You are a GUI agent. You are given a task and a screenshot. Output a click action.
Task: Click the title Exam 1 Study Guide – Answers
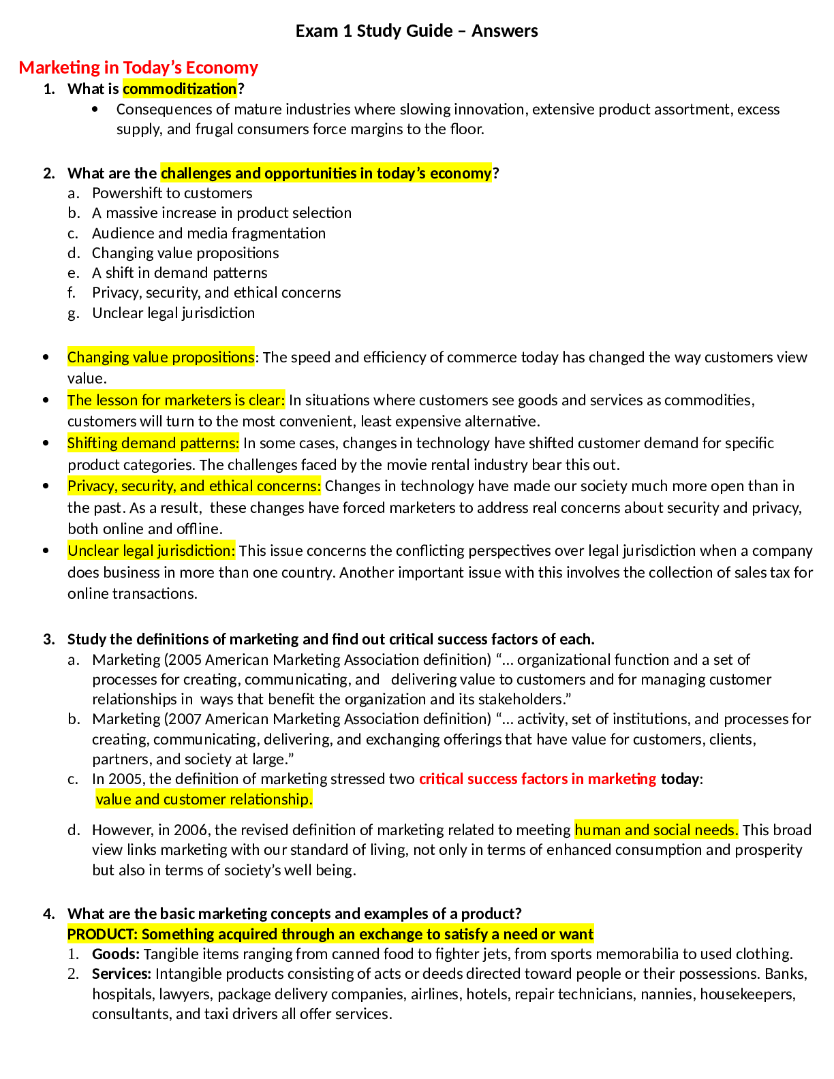click(x=416, y=31)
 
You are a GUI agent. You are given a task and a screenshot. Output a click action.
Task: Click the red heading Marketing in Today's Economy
click(x=138, y=67)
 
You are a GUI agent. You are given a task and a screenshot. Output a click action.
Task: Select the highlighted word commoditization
click(x=180, y=89)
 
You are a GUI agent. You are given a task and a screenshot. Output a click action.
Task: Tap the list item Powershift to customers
click(x=172, y=193)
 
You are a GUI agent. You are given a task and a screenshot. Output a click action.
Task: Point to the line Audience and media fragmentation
click(x=208, y=233)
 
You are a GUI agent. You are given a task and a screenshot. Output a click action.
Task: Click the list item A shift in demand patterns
click(x=179, y=272)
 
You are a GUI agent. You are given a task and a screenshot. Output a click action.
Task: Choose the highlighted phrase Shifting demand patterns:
click(x=153, y=443)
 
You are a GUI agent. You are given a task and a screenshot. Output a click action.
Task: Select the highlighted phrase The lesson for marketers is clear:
click(x=176, y=400)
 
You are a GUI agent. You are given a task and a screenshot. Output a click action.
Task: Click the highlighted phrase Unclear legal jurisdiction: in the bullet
click(x=151, y=550)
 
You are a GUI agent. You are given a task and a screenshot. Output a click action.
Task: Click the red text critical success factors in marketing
click(x=538, y=779)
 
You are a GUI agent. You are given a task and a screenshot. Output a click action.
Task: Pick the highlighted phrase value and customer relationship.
click(x=204, y=799)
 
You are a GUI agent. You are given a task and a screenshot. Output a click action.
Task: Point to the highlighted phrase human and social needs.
click(x=656, y=830)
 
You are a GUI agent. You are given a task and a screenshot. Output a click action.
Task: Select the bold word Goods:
click(x=116, y=954)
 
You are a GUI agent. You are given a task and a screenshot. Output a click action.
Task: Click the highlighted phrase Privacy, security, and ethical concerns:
click(x=194, y=486)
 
